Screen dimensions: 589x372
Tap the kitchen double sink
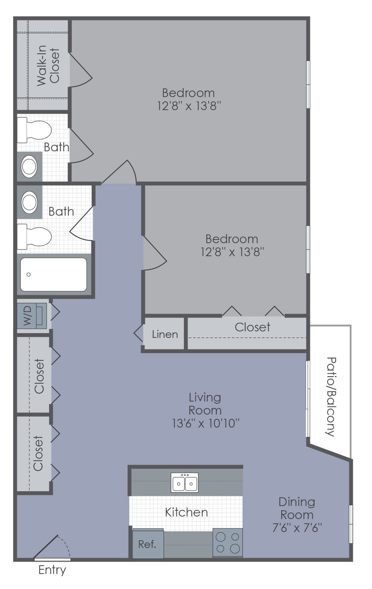coord(185,483)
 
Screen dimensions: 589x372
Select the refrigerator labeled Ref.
coord(147,544)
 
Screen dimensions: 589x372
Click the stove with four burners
coord(227,542)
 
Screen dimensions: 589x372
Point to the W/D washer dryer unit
coord(32,316)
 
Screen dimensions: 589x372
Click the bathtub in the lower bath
coord(53,274)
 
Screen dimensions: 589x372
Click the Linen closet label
coord(165,334)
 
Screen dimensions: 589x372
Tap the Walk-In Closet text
coord(48,65)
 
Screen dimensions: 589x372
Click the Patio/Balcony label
coord(331,396)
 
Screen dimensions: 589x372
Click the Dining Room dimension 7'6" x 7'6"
coord(297,528)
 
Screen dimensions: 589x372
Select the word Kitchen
coord(186,512)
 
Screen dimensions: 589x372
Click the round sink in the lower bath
coord(29,202)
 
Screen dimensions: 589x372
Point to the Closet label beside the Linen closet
coord(252,327)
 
